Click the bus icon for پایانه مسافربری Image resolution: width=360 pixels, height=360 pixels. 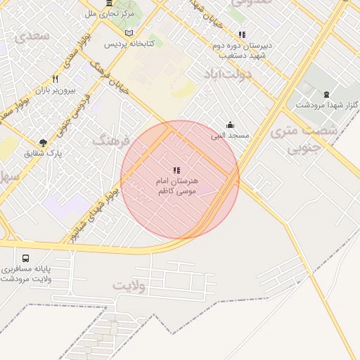[x=26, y=259]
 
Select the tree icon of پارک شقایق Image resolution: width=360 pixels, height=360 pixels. [x=44, y=143]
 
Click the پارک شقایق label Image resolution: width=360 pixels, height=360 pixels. [x=44, y=153]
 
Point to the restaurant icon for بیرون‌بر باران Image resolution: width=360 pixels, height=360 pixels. [x=55, y=79]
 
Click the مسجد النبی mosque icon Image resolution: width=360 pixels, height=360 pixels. [x=230, y=124]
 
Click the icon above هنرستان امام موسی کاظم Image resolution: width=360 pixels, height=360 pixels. [x=176, y=170]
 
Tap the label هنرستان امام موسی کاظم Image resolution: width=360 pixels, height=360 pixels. [x=177, y=186]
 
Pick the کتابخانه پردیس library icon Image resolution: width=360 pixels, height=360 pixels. [x=128, y=33]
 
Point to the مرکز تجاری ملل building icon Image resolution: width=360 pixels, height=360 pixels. [x=109, y=4]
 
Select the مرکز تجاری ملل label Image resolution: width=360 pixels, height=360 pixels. [x=109, y=13]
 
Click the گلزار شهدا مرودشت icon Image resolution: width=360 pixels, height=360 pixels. [x=326, y=94]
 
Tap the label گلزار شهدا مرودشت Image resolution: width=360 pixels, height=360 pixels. [x=326, y=105]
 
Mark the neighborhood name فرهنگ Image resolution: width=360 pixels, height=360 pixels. [x=112, y=141]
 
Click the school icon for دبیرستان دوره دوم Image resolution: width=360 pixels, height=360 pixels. [x=242, y=34]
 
